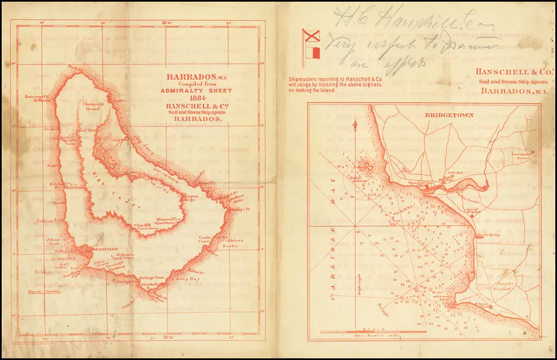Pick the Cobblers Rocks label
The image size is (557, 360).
(x=225, y=243)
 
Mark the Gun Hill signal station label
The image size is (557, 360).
(x=143, y=225)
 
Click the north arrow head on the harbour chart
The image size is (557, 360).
(x=355, y=126)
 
